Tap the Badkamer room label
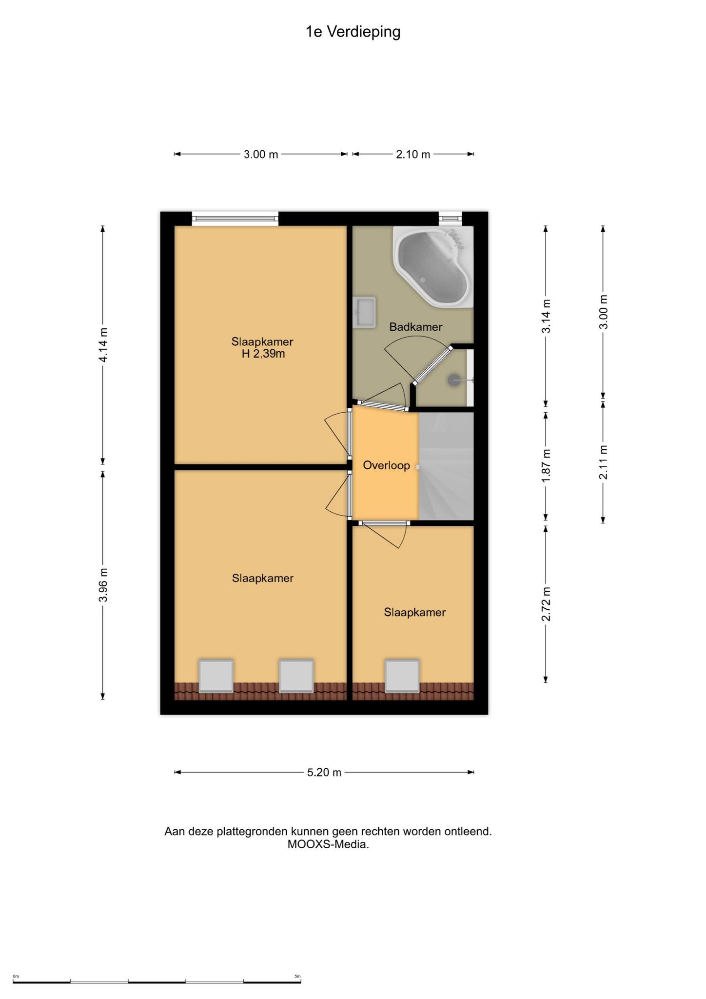point(415,327)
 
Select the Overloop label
point(386,465)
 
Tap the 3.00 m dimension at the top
point(261,155)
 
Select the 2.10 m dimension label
point(413,155)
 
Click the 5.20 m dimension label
point(324,772)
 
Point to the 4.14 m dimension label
point(103,345)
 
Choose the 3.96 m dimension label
point(103,585)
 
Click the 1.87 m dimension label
point(546,466)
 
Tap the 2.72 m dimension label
point(546,604)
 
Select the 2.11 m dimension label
point(604,462)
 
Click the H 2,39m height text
point(263,354)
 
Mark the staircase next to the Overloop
point(446,466)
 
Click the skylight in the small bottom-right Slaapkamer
point(402,677)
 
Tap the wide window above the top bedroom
point(235,219)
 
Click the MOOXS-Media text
point(328,844)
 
